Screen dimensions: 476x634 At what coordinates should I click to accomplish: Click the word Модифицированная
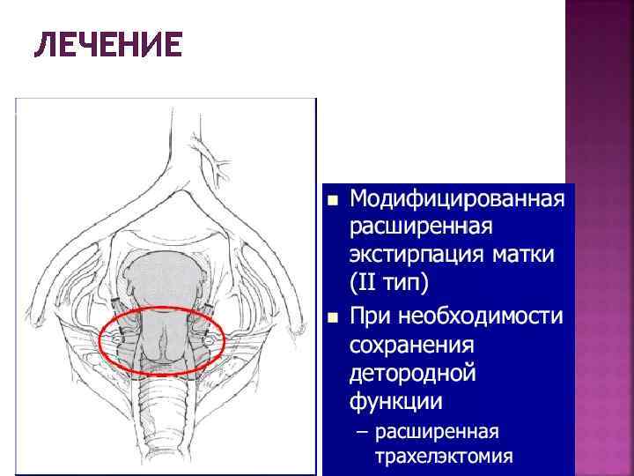click(x=455, y=197)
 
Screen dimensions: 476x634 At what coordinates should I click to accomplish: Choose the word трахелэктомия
click(x=443, y=457)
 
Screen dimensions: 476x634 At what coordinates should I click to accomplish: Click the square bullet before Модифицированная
click(x=332, y=199)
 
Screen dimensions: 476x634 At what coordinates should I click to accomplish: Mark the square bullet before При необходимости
click(x=332, y=316)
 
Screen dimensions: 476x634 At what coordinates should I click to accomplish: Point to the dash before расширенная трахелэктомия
click(x=358, y=433)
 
